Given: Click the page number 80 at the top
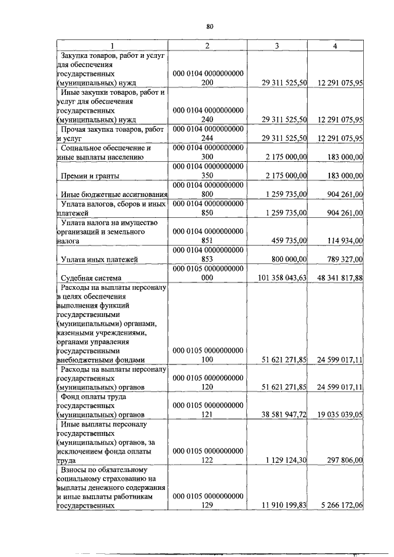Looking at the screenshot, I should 209,26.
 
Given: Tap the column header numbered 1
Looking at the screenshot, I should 111,46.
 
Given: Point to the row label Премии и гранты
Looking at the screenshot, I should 86,177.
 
